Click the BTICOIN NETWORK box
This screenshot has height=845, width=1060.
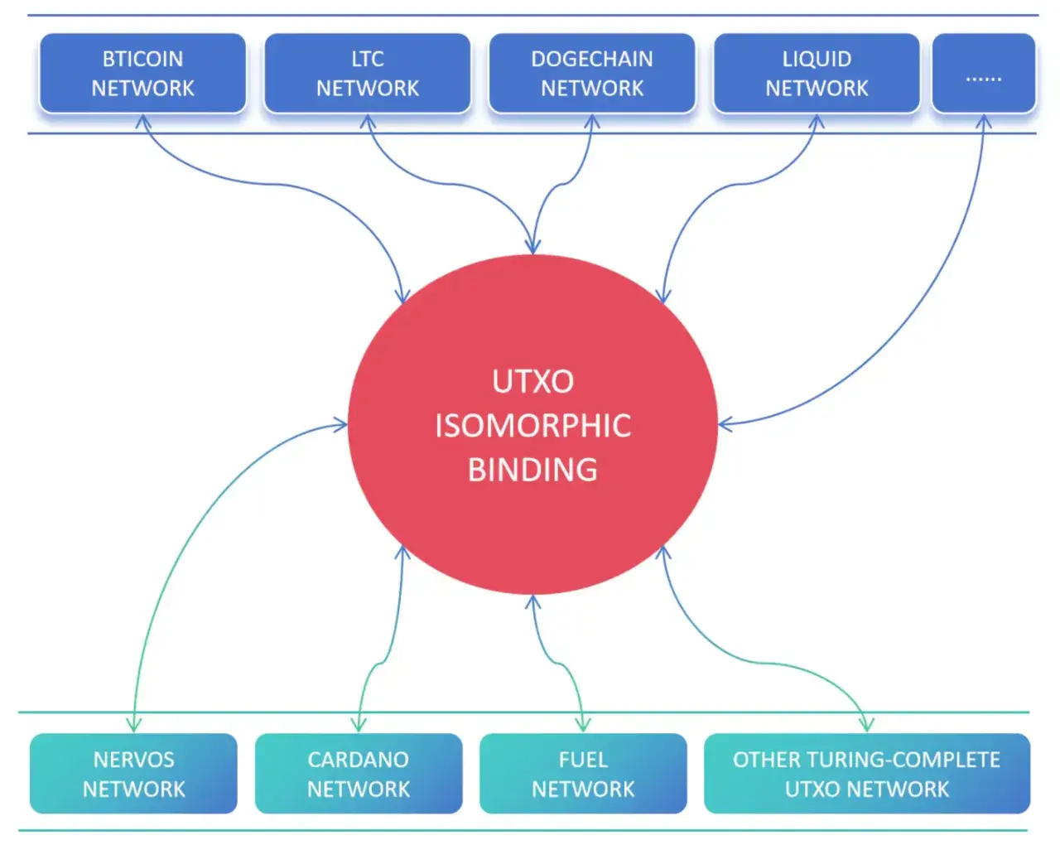coord(142,73)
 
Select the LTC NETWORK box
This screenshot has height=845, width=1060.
coord(367,73)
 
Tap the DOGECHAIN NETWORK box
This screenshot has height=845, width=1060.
coord(591,73)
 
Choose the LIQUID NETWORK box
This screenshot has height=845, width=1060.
coord(817,73)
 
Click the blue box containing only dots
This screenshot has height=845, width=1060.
coord(983,73)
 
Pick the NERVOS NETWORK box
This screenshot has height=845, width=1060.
coord(133,773)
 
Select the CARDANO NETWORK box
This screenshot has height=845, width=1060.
coord(358,773)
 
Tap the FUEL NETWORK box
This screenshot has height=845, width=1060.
coord(583,773)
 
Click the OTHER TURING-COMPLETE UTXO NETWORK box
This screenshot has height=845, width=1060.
coord(866,773)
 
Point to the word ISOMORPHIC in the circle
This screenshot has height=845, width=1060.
coord(532,426)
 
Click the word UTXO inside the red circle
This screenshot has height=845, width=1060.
coord(532,382)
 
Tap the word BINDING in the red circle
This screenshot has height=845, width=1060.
coord(532,470)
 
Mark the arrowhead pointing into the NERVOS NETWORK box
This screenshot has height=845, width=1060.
coord(134,726)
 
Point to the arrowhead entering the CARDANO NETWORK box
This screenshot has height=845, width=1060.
coord(359,726)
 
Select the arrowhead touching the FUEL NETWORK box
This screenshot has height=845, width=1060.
coord(583,726)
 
